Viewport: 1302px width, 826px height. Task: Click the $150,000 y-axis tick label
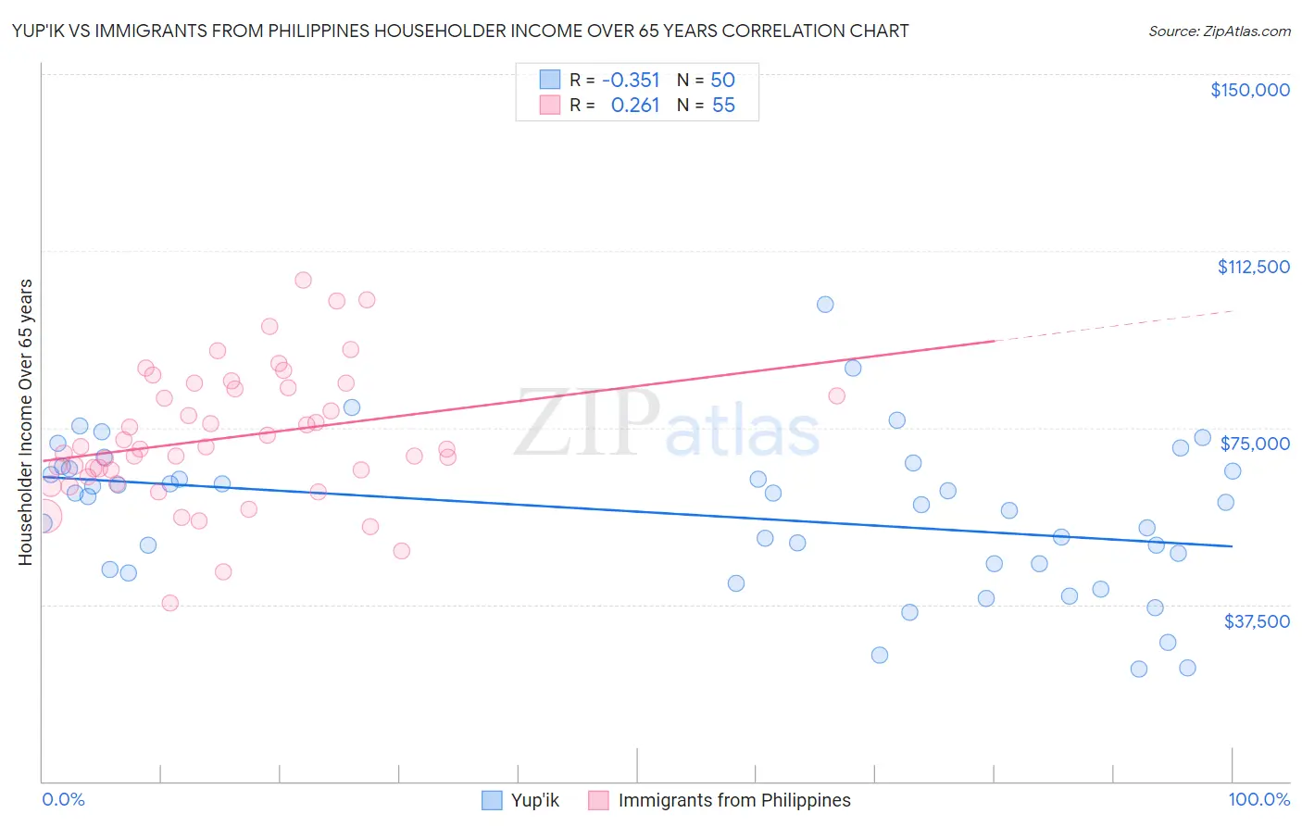1249,90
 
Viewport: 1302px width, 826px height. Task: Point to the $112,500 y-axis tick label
1253,267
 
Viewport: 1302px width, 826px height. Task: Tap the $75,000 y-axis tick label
1255,444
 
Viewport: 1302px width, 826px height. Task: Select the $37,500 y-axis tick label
1257,621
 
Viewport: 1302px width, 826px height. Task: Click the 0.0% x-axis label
63,799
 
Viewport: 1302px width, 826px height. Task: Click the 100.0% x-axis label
1258,799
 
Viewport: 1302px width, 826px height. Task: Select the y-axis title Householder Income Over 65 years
25,421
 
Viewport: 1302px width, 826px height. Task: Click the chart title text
460,31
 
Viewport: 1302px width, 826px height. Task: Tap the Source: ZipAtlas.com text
1219,31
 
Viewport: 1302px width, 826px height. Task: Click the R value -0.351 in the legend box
631,80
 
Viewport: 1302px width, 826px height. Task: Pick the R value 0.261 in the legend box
634,106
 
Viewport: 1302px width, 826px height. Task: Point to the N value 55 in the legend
723,106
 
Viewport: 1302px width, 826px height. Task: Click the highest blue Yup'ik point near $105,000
825,305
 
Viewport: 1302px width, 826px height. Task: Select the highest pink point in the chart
303,280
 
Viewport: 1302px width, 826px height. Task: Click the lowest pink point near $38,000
169,603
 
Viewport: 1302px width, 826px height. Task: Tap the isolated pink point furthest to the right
836,395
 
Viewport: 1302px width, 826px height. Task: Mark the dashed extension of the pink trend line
1111,326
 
